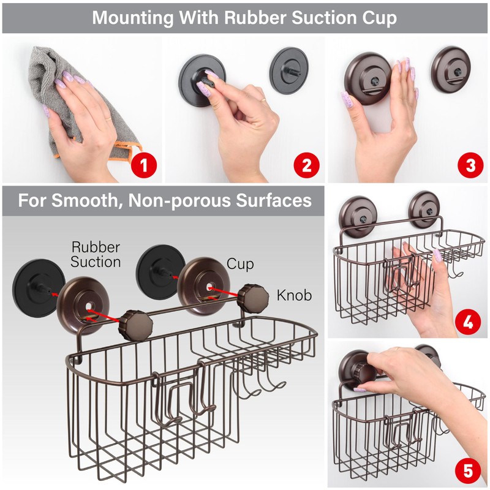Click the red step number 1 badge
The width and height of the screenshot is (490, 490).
(145, 165)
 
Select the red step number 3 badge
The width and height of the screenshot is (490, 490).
(470, 165)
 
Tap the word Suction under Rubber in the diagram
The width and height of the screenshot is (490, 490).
(96, 262)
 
